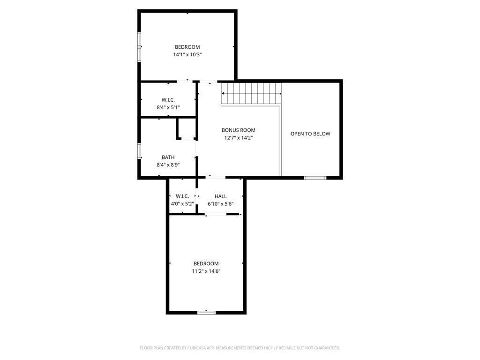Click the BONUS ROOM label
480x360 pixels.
(239, 130)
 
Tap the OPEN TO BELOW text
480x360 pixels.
(310, 134)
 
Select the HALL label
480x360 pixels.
(220, 196)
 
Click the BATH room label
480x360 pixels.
(168, 157)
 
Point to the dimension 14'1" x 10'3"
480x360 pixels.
(187, 55)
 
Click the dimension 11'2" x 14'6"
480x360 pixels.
(206, 271)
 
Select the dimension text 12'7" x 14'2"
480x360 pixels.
(239, 138)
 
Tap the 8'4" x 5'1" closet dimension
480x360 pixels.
(168, 107)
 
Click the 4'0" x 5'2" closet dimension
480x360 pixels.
(182, 204)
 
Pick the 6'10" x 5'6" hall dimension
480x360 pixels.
(220, 204)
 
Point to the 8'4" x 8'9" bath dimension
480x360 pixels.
(168, 165)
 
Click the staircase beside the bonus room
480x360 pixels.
(251, 93)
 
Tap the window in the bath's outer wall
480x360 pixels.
(139, 151)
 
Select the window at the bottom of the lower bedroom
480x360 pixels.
(206, 313)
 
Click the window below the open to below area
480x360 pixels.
(315, 178)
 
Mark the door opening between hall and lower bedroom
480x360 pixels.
(216, 214)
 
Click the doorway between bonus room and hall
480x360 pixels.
(216, 177)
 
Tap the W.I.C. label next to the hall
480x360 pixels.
(182, 196)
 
